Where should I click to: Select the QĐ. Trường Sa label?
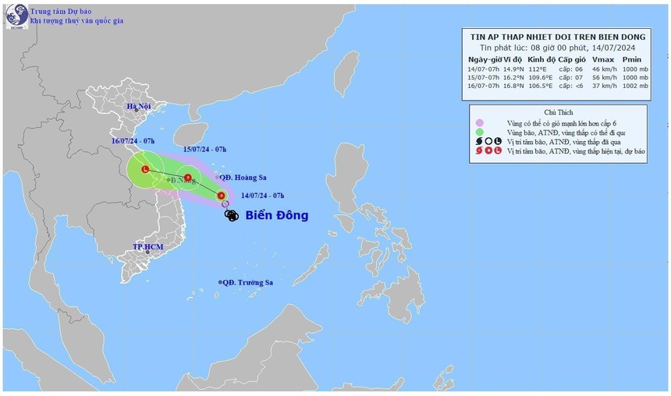247,282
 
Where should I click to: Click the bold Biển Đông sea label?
277,215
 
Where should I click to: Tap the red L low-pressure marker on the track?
146,169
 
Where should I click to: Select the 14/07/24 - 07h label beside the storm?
263,194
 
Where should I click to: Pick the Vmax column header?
604,58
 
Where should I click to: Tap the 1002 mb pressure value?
637,87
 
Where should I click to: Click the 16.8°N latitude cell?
513,87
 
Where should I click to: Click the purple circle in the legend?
480,123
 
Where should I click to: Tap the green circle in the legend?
480,133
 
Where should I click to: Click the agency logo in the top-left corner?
16,16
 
